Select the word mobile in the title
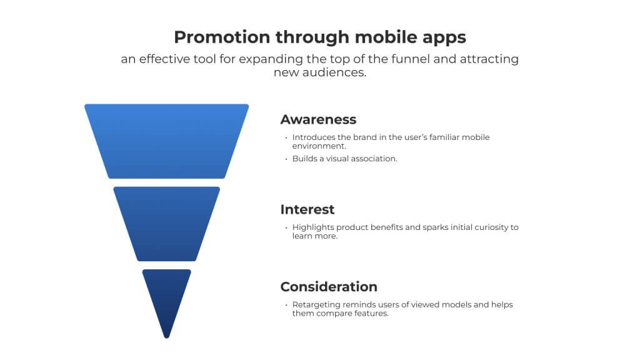[377, 37]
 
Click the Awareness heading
[318, 119]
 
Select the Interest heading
[307, 209]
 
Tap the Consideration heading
[329, 287]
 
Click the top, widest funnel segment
[166, 141]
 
